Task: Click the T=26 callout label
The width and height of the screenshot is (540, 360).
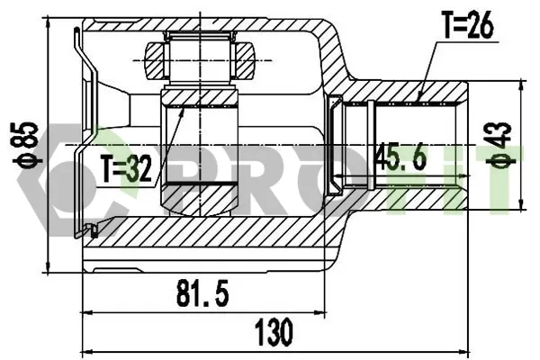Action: point(468,25)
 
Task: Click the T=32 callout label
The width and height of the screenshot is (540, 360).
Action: point(126,169)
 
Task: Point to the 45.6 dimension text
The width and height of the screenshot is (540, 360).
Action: point(401,157)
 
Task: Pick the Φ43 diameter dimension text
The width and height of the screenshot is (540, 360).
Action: point(502,145)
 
